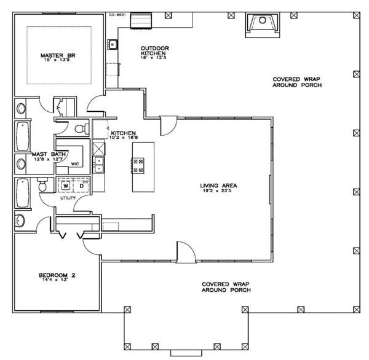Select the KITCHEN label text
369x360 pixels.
(123, 131)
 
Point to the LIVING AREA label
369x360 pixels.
(218, 185)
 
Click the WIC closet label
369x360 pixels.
(75, 164)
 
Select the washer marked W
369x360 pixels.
(64, 184)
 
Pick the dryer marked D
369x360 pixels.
(81, 184)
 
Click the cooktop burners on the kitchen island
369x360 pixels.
(138, 165)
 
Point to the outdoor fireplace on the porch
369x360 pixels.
(263, 24)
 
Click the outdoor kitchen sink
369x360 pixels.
(113, 44)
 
